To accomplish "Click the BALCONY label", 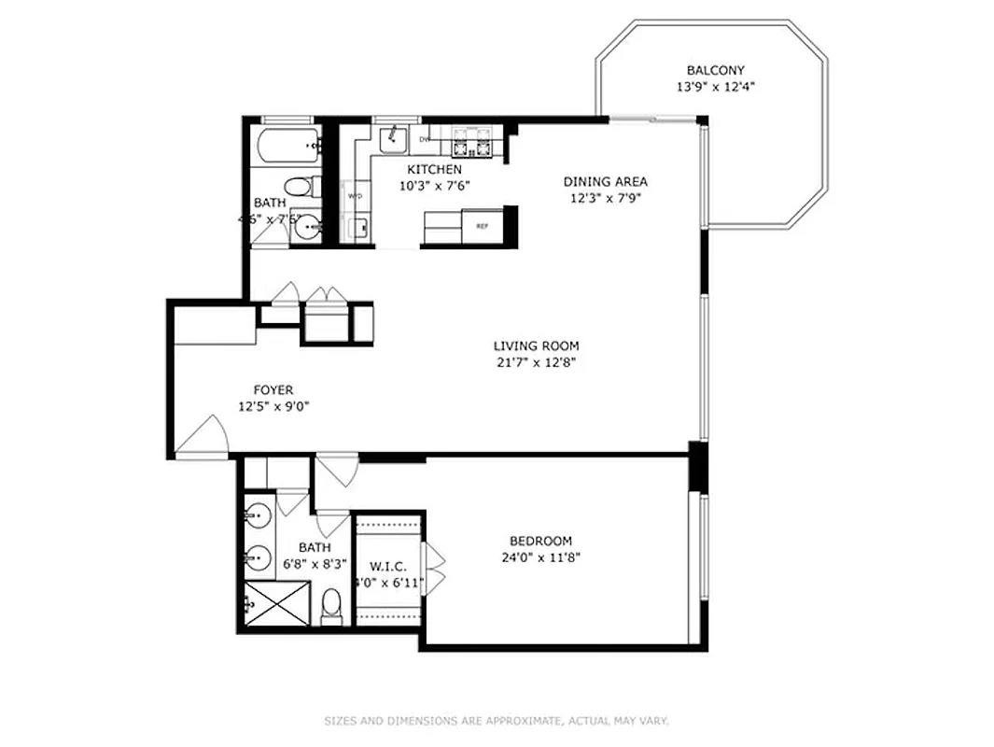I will (715, 70).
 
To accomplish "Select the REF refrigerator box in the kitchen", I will (483, 226).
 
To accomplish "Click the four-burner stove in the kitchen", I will (472, 143).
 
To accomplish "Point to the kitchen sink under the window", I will (393, 138).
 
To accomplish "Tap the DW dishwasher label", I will (425, 140).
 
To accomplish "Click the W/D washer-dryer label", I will (356, 197).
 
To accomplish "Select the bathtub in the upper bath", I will (286, 145).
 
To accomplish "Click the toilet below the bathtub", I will (298, 185).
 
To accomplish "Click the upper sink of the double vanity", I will (258, 514).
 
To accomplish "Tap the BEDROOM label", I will (540, 541).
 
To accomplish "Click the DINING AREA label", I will (605, 182).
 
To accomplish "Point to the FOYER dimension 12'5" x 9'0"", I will (273, 406).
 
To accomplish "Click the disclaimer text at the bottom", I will (497, 721).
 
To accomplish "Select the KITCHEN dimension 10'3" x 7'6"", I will (434, 185).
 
